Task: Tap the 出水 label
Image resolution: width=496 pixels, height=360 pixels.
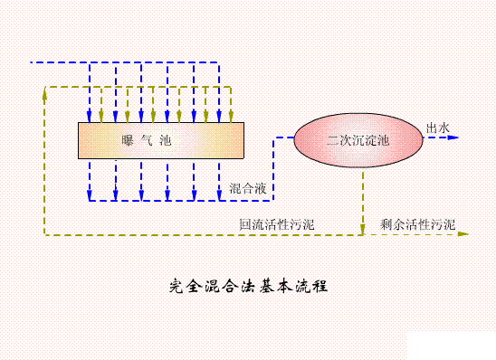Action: coord(438,128)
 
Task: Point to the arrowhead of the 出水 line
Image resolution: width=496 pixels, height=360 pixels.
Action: coord(454,138)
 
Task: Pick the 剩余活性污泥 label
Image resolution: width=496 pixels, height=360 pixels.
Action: coord(418,223)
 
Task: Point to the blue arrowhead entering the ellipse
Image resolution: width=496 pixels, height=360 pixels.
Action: coord(291,139)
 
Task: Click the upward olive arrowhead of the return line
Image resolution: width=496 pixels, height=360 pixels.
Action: coord(43,90)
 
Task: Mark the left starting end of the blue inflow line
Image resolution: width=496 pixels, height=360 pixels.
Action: coord(33,62)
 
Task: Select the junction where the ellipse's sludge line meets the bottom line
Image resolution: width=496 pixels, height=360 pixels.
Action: coord(364,233)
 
